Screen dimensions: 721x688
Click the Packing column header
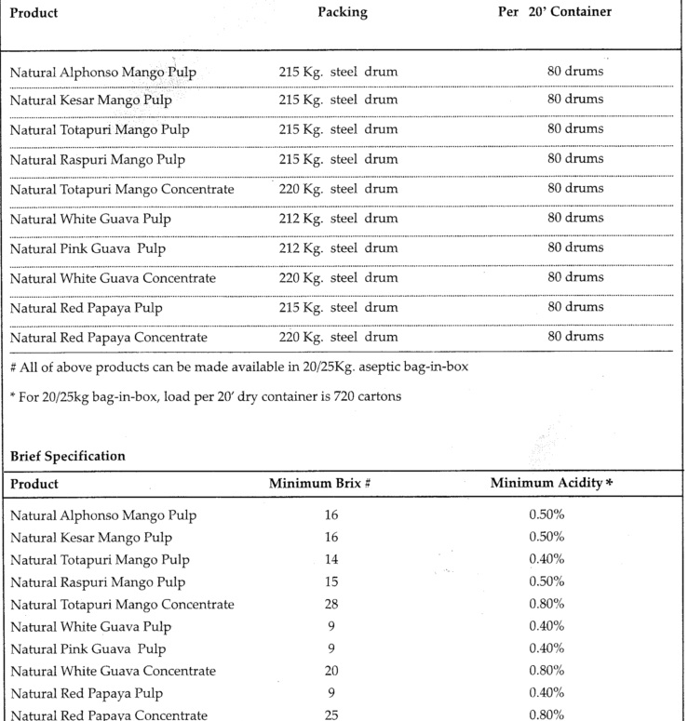(x=342, y=13)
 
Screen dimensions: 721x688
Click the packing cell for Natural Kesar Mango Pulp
(x=338, y=100)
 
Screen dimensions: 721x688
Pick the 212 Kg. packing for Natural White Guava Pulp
(x=338, y=219)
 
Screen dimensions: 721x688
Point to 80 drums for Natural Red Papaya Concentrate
(x=575, y=337)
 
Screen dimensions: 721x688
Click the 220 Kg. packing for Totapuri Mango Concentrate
(x=338, y=189)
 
